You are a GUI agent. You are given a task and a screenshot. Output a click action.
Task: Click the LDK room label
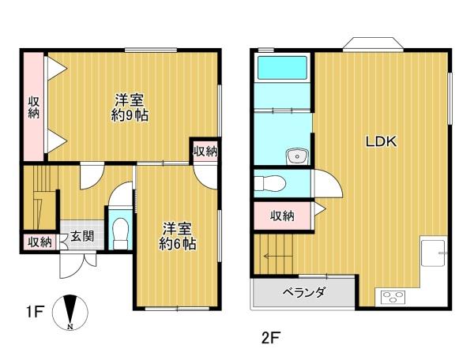click(381, 141)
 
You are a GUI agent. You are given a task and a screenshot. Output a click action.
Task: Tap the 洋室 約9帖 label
click(130, 107)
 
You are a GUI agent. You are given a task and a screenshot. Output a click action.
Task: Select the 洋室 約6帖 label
click(178, 236)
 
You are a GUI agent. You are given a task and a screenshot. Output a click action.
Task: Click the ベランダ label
click(304, 292)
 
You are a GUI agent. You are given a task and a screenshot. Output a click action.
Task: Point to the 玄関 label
click(82, 236)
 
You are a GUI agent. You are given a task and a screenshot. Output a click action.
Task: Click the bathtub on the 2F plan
click(282, 68)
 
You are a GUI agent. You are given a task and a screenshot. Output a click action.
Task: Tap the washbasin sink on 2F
click(298, 156)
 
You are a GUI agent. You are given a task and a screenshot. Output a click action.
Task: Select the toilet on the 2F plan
click(270, 184)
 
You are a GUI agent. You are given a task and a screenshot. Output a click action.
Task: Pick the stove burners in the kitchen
click(393, 296)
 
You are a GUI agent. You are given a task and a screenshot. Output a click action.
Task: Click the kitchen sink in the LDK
click(434, 253)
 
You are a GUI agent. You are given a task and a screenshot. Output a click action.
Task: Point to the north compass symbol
click(70, 313)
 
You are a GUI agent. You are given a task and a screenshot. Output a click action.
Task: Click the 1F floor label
click(36, 312)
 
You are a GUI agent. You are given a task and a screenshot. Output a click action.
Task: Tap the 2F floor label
click(271, 338)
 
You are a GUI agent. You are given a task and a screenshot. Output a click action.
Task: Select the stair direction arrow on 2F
click(278, 257)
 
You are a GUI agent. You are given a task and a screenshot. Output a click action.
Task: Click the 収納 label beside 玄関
click(40, 242)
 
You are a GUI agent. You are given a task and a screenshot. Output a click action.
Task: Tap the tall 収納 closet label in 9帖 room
click(34, 107)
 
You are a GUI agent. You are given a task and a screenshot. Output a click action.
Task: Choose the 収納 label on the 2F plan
click(282, 216)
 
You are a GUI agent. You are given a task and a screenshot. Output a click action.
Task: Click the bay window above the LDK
click(373, 44)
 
